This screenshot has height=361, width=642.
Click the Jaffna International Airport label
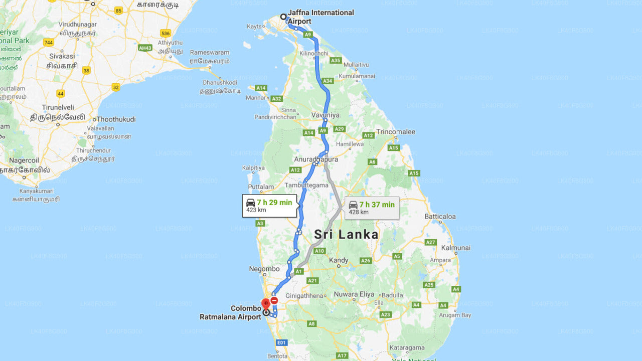pos(320,17)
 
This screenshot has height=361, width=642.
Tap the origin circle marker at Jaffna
pos(283,17)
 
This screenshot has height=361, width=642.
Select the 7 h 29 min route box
pos(269,206)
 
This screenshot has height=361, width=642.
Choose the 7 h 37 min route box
pos(372,208)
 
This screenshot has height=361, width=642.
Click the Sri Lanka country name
pos(346,234)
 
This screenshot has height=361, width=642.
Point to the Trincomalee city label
pos(396,132)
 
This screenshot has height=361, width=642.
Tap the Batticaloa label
pos(440,217)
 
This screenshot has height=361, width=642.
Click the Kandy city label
pos(339,260)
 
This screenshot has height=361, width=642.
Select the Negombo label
pos(264,269)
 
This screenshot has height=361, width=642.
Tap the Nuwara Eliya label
pos(354,294)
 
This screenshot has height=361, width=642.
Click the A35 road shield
pos(336,61)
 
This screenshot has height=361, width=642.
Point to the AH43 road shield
pos(145,48)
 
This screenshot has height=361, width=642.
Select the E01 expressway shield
pos(282,342)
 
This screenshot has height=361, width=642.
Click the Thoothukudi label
pos(116,119)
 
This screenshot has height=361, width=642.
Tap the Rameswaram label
pos(210,52)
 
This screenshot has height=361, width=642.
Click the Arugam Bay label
pos(455,315)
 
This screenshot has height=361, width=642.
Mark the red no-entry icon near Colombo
pos(274,300)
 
